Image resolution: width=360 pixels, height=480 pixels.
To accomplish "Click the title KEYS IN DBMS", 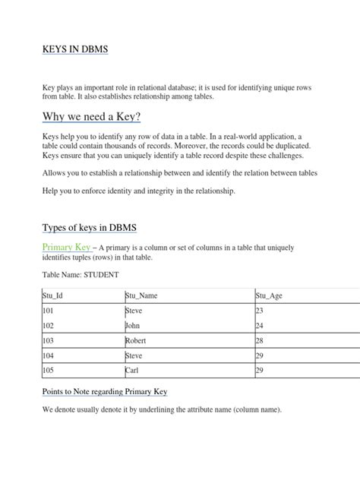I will coord(74,49).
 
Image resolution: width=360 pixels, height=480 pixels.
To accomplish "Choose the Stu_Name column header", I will coord(142,296).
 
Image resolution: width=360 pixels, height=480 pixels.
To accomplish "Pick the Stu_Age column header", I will coord(270,296).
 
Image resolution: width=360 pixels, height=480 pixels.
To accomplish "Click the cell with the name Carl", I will coord(134,371).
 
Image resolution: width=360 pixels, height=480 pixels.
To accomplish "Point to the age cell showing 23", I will coord(260,311).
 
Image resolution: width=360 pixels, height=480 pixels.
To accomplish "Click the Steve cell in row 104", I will coord(135,355).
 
